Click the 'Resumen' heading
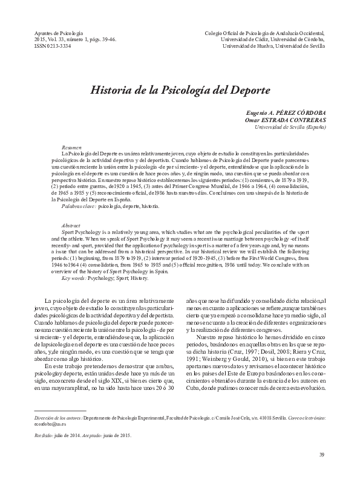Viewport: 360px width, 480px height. click(72, 148)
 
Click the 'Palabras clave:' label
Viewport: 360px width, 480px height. click(79, 190)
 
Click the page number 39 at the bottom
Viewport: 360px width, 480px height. click(322, 455)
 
